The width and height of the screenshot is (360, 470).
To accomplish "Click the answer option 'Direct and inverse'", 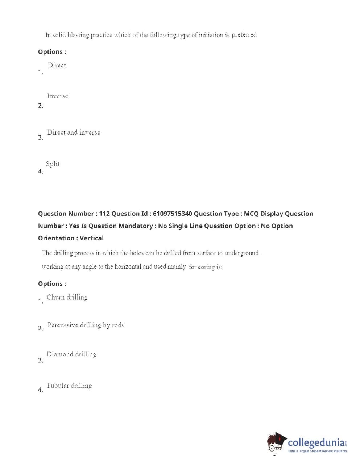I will pyautogui.click(x=74, y=132).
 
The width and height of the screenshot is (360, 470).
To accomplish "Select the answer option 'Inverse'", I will pyautogui.click(x=57, y=96).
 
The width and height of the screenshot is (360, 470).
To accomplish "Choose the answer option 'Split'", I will pyautogui.click(x=53, y=164).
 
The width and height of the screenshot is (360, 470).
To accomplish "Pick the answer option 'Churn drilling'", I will pyautogui.click(x=67, y=297).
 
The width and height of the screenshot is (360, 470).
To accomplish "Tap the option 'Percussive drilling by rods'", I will pyautogui.click(x=86, y=325).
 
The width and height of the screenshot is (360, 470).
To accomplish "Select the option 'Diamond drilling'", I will pyautogui.click(x=71, y=354).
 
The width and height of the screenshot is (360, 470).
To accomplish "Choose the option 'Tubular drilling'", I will pyautogui.click(x=69, y=386).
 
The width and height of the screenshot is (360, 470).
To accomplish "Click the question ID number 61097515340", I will pyautogui.click(x=172, y=214).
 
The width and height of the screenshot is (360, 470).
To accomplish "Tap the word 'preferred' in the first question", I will pyautogui.click(x=244, y=35).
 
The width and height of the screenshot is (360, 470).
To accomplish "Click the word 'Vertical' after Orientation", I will pyautogui.click(x=92, y=238).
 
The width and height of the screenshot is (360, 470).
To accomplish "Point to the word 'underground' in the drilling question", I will pyautogui.click(x=242, y=253).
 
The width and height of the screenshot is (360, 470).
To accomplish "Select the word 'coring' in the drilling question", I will pyautogui.click(x=206, y=267).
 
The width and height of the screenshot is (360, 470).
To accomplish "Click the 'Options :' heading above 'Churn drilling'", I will pyautogui.click(x=52, y=284).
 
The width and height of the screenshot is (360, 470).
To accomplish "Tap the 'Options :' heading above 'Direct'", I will pyautogui.click(x=52, y=52).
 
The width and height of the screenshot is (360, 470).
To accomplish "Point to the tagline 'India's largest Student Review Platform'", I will pyautogui.click(x=317, y=451).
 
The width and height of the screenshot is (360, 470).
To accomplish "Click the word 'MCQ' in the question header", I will pyautogui.click(x=251, y=214).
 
